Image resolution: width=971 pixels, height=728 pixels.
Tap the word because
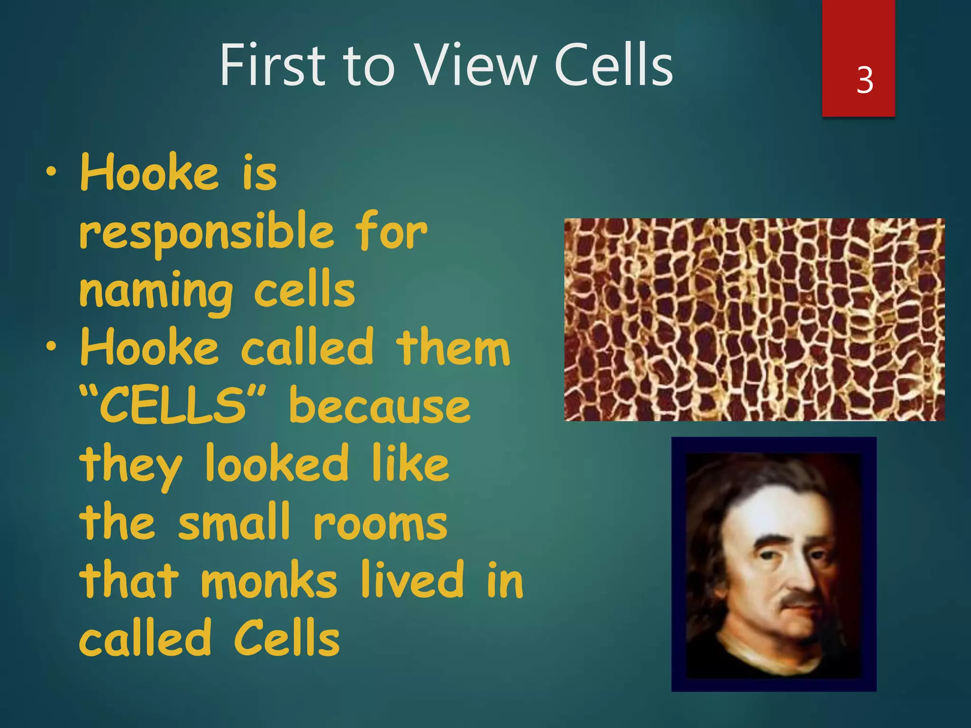[379, 407]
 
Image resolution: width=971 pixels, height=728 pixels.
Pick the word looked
[277, 464]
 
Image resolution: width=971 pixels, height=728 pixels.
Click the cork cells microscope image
[754, 319]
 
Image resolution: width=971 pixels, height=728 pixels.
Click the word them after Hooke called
[453, 348]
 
